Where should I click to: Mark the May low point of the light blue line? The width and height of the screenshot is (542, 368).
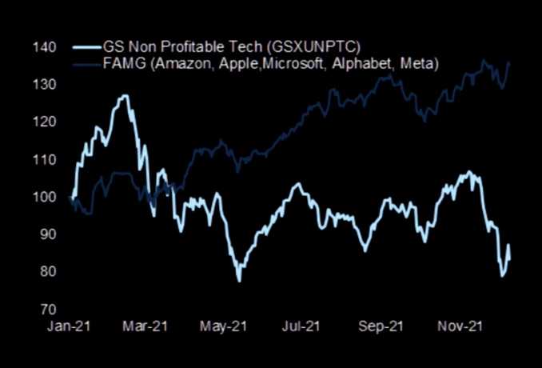[x=238, y=280]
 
